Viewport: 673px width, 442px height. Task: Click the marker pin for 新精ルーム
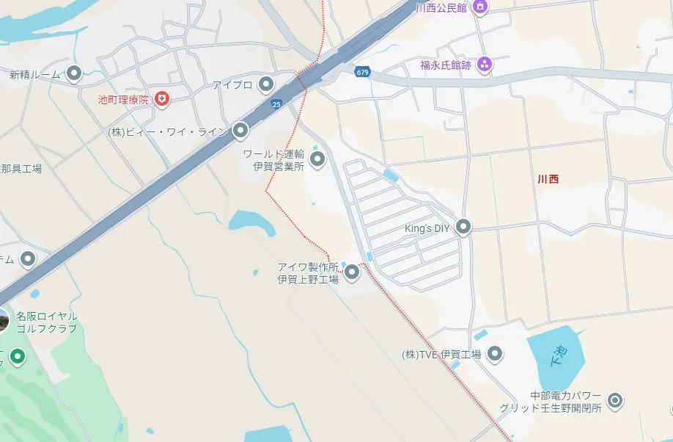(73, 73)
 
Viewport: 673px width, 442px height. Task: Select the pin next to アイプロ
(266, 84)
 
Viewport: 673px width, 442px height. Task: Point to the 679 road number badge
(362, 72)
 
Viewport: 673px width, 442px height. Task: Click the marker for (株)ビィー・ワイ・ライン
(240, 131)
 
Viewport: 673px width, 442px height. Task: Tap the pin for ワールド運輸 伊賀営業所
(317, 159)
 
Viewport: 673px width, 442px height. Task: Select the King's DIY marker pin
(463, 228)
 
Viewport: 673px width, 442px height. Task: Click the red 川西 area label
(548, 178)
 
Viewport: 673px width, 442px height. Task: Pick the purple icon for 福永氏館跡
(484, 65)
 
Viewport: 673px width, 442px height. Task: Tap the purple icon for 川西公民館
(480, 8)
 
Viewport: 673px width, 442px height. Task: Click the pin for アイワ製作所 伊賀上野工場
(352, 272)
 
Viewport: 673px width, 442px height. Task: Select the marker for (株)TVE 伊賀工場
(496, 355)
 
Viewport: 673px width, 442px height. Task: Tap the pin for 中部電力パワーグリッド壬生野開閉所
(616, 400)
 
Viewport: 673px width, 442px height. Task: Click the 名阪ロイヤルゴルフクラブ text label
(47, 322)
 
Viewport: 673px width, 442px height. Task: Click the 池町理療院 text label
(123, 99)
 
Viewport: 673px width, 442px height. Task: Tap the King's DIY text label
(427, 228)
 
